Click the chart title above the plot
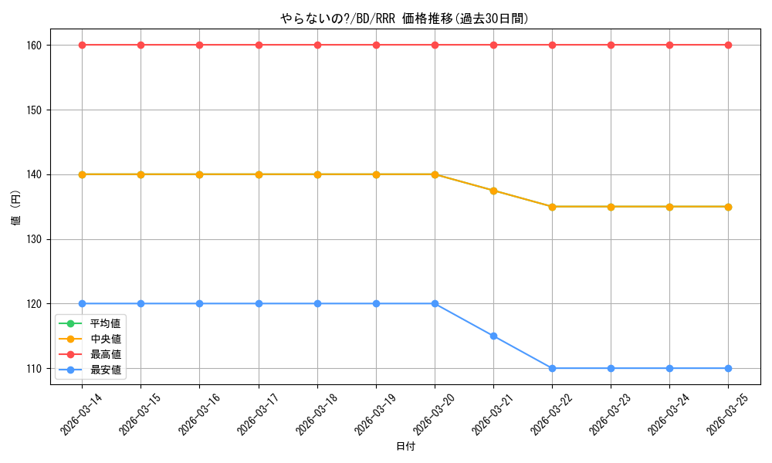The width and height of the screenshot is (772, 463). click(x=405, y=19)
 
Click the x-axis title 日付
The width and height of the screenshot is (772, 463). click(x=405, y=446)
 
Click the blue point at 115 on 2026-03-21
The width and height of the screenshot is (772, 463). click(x=493, y=336)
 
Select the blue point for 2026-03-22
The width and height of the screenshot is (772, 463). click(x=553, y=369)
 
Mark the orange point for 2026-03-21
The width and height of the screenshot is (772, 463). click(x=493, y=191)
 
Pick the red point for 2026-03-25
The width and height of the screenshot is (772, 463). click(x=728, y=46)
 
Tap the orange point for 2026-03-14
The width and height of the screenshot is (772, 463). click(x=83, y=174)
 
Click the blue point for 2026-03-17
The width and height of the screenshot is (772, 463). click(x=259, y=303)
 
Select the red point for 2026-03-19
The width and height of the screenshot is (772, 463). click(x=376, y=46)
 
